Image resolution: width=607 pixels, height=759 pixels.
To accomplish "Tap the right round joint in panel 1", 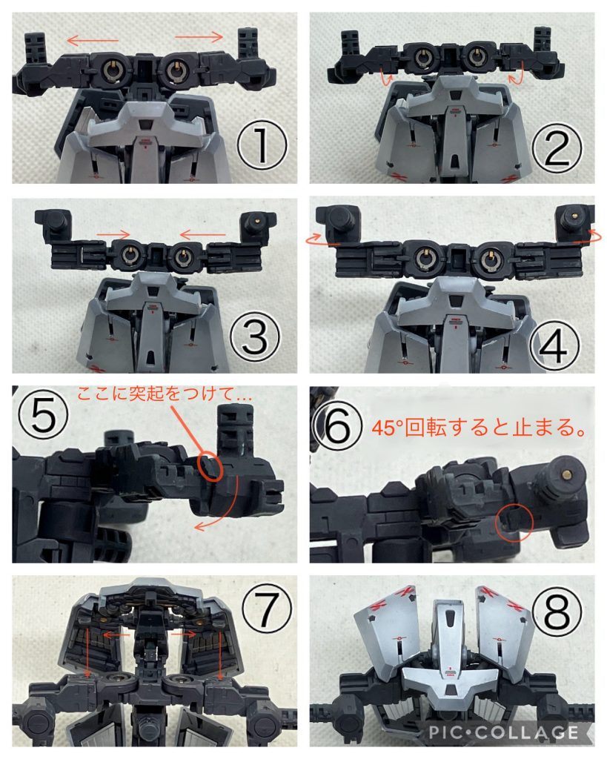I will tap(176, 70).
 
